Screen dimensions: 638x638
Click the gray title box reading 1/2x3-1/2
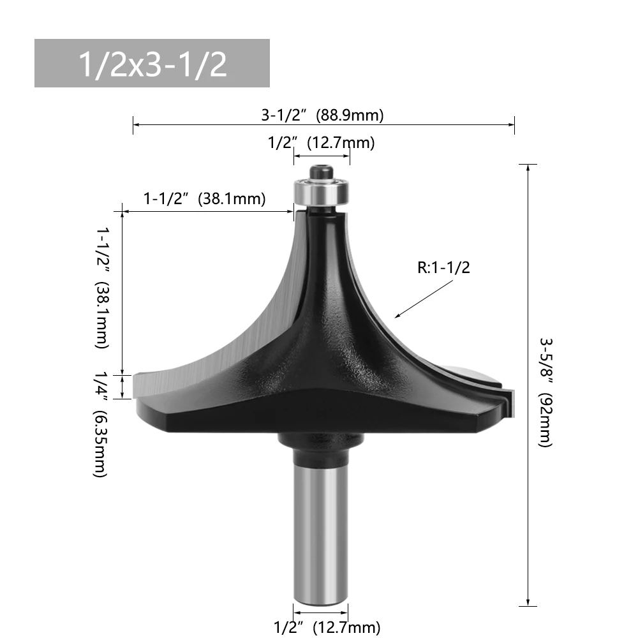pos(152,63)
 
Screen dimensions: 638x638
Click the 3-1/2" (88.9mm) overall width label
pos(322,115)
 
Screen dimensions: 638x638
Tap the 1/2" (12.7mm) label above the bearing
pos(321,142)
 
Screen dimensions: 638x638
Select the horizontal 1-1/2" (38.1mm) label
pos(204,198)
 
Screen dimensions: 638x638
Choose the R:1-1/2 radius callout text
pos(443,268)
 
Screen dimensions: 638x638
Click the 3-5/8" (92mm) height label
pos(545,392)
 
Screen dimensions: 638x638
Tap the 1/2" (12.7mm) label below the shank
pos(327,627)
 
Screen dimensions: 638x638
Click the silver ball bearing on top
pos(322,189)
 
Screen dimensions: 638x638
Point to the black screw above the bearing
pos(322,171)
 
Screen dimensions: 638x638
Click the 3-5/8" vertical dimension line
pos(528,383)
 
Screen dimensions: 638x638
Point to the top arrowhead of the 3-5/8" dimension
pos(528,167)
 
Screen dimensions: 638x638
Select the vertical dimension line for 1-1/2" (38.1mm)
pos(121,293)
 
